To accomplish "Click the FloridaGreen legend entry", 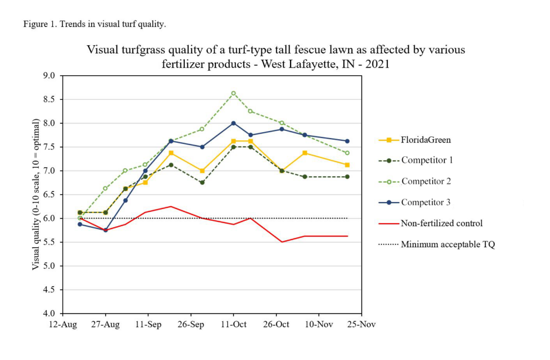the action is point(415,140).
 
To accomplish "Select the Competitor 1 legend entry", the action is point(416,160).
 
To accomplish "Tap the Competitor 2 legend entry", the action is point(415,182).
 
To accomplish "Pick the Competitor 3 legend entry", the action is point(414,203).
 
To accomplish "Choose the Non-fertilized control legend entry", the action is point(431,223).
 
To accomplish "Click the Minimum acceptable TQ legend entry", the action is point(437,244).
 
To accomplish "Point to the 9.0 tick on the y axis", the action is point(48,76).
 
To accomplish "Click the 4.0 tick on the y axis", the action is point(48,313).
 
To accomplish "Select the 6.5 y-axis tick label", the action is point(48,195).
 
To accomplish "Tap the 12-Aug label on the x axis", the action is point(63,325).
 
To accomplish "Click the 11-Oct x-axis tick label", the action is point(234,325).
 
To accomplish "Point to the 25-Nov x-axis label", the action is point(361,325).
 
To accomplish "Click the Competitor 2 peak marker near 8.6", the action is point(234,93).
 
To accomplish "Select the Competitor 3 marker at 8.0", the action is point(234,123).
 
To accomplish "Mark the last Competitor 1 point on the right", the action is point(348,177).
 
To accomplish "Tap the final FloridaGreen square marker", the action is point(348,165).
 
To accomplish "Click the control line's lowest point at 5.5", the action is point(282,242).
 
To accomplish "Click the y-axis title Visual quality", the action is point(35,195).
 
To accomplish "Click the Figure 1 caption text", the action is point(95,24).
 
